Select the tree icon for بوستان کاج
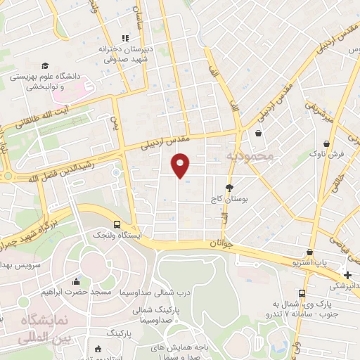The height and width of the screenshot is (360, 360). coord(229,187)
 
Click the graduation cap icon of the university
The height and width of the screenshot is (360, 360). coord(45,65)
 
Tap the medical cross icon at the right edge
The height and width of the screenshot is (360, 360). coord(348,275)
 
